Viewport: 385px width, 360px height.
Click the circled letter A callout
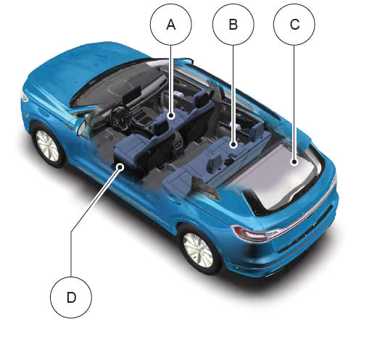(171, 25)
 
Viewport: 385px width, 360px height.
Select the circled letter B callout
(233, 25)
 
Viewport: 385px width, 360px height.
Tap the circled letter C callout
(294, 25)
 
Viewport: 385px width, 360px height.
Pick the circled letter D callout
(71, 298)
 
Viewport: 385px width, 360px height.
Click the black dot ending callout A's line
(171, 115)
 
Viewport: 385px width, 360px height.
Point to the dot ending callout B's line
(233, 145)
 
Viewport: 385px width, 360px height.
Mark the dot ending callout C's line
(294, 162)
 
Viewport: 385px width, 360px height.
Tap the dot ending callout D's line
(120, 167)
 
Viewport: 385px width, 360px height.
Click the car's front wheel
(47, 146)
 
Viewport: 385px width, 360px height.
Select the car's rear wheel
(199, 250)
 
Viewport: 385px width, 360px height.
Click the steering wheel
(120, 117)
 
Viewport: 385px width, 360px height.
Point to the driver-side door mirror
(82, 127)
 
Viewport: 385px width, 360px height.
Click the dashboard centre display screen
(132, 94)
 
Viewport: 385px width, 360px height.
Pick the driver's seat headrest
(160, 127)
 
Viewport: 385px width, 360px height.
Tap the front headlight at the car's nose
(24, 96)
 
